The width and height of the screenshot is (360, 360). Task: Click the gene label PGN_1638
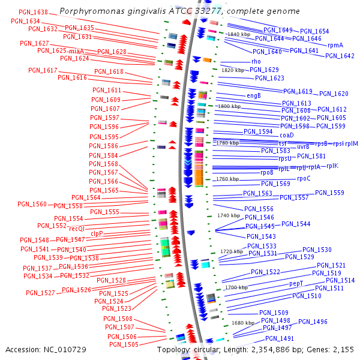pyautogui.click(x=34, y=12)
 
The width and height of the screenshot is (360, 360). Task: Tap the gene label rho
pyautogui.click(x=256, y=61)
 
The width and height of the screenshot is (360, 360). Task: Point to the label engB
pyautogui.click(x=254, y=95)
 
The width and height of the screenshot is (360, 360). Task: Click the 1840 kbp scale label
pyautogui.click(x=239, y=35)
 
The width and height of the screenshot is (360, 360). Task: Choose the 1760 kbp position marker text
pyautogui.click(x=227, y=179)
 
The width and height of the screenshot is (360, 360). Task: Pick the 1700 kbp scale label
pyautogui.click(x=236, y=287)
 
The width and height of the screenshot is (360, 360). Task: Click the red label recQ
pyautogui.click(x=76, y=229)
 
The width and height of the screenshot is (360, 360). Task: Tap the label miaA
pyautogui.click(x=76, y=51)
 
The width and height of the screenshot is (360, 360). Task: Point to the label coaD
pyautogui.click(x=270, y=135)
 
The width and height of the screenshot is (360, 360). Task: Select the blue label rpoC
pyautogui.click(x=304, y=178)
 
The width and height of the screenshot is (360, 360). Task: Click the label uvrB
pyautogui.click(x=303, y=146)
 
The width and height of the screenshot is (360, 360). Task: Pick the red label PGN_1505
pyautogui.click(x=123, y=344)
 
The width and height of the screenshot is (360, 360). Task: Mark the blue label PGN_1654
pyautogui.click(x=314, y=31)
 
